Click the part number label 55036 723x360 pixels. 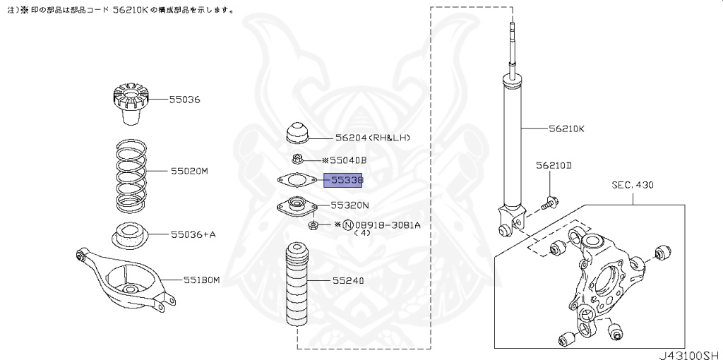[x=184, y=100]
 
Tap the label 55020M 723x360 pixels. [x=189, y=172]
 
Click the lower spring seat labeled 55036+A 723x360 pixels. [x=129, y=235]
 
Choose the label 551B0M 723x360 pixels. [x=201, y=280]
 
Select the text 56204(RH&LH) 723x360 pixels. [x=372, y=138]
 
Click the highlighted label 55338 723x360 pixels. [x=342, y=181]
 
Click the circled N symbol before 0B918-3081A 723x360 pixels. [x=347, y=225]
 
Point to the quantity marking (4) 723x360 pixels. [x=361, y=233]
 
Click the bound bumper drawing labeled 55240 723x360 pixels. [x=297, y=289]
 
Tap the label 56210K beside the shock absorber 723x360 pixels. [x=566, y=129]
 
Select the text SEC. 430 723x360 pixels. [x=633, y=186]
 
